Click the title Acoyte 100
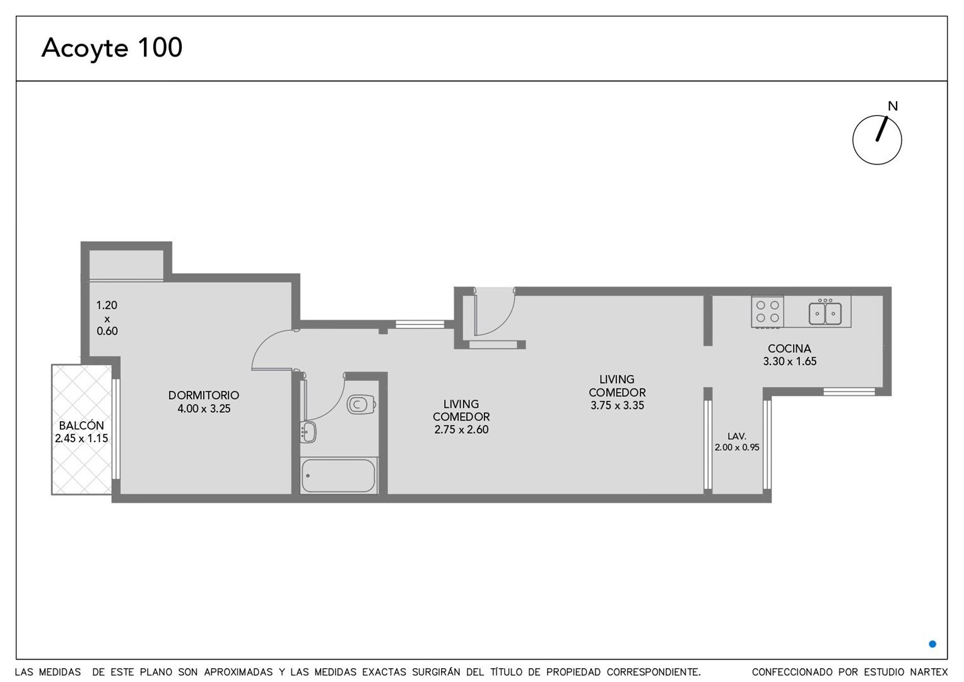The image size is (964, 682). pos(112,48)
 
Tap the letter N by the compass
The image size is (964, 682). pos(893,106)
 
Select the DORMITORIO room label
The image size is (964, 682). pos(204,395)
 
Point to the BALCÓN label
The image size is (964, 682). pos(81,425)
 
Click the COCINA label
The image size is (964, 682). pos(789,348)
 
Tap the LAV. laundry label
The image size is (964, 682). pos(737,436)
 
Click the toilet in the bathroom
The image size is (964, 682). pos(361,404)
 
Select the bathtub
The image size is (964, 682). pos(338,476)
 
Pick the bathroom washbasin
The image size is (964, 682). pos(308,432)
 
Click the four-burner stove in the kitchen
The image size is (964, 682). pos(767,311)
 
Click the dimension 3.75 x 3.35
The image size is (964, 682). pos(617,405)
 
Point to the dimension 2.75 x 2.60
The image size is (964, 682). pos(461,429)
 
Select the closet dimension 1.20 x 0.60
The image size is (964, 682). pos(107,318)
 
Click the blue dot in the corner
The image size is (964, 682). pos(932,644)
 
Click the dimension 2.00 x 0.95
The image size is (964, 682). pos(737,447)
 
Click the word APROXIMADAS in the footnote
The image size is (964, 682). pos(238,672)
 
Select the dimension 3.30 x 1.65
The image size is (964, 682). pos(790,361)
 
